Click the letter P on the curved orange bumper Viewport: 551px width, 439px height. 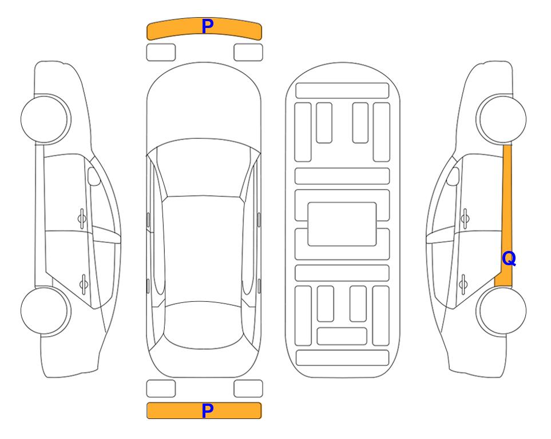208,26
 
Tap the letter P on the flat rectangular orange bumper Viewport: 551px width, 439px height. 208,410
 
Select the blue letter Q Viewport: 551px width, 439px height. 509,259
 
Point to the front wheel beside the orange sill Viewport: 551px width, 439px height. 501,119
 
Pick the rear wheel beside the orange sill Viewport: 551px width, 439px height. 501,310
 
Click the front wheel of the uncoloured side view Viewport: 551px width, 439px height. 46,119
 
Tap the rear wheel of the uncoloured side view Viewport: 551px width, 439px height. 46,310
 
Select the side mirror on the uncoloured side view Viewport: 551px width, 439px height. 94,176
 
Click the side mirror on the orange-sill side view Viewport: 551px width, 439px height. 453,176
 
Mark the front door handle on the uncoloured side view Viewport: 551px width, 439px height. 82,219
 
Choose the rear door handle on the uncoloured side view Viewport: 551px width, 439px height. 84,284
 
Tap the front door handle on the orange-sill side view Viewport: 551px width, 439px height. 465,219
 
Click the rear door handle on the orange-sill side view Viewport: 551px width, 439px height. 463,284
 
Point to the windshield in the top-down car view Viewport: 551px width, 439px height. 204,168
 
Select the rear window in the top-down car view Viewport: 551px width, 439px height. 204,325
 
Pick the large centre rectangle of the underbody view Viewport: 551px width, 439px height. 342,224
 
